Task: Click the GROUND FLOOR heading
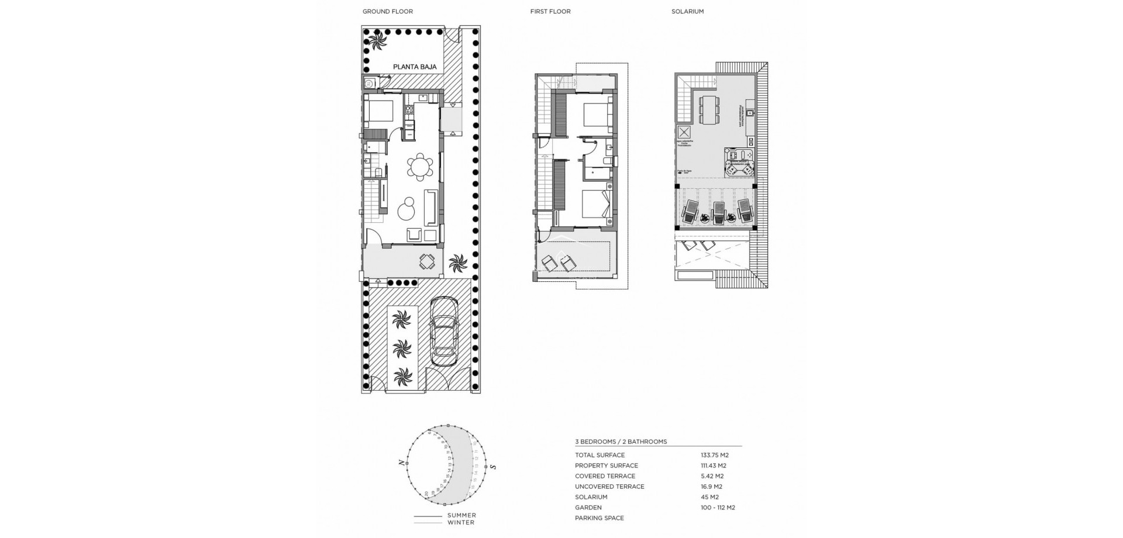tap(387, 12)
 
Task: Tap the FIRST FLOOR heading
tap(550, 12)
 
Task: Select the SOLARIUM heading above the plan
tap(687, 12)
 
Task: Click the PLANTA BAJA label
tap(415, 67)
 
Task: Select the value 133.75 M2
tap(714, 455)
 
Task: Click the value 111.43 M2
tap(713, 465)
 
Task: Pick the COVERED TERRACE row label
tap(605, 476)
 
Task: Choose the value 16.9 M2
tap(711, 487)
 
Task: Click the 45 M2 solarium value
tap(709, 497)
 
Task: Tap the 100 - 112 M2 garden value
tap(718, 508)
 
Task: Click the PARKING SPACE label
tap(599, 518)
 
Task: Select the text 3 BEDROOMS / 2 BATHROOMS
tap(621, 442)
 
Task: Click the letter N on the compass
tap(401, 463)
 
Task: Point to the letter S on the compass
tap(493, 467)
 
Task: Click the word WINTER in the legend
tap(461, 522)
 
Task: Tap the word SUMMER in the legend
tap(461, 515)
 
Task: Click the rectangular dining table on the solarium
tap(709, 110)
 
